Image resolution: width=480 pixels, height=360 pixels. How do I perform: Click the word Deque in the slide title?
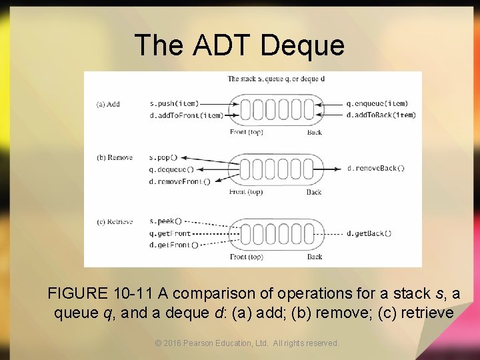[303, 45]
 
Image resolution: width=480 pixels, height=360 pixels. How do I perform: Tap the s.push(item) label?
[174, 103]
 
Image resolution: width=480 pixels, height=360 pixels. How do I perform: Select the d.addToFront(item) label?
[186, 115]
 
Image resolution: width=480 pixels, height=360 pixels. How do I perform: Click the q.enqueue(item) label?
[377, 103]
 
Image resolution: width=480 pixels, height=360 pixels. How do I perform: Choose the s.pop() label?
[163, 157]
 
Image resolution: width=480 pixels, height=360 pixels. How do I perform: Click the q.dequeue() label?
[171, 169]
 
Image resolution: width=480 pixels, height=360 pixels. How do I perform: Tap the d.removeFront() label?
[179, 181]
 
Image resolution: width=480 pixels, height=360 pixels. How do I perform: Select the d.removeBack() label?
[376, 169]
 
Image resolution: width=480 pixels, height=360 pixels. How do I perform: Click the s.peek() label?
[165, 221]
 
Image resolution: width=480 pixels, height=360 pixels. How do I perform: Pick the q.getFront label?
[170, 233]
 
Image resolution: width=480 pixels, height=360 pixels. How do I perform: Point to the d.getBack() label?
[369, 233]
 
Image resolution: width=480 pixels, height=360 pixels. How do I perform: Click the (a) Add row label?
[109, 104]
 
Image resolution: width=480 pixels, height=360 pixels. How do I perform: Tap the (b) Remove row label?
[115, 158]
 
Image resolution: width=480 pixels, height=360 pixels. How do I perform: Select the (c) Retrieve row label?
[115, 221]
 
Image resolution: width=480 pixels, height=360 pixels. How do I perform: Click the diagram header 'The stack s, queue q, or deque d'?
[276, 79]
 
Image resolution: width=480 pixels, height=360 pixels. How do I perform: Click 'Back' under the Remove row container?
[314, 192]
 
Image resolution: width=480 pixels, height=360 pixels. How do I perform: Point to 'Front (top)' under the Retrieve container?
[246, 257]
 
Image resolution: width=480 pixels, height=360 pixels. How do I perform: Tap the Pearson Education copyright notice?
[247, 343]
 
